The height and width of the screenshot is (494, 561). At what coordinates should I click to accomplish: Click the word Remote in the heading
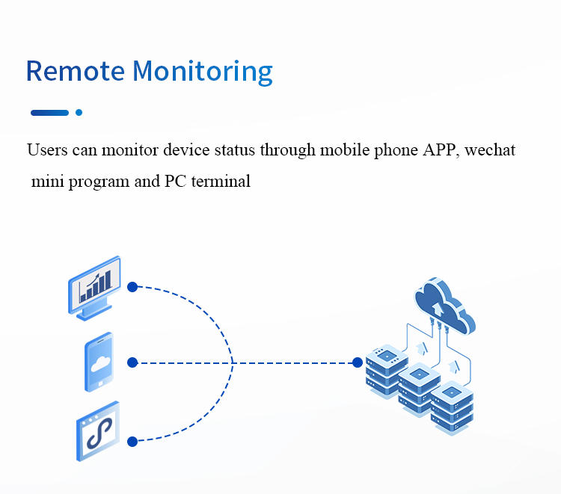tap(76, 71)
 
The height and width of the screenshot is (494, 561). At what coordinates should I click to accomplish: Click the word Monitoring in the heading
tap(203, 72)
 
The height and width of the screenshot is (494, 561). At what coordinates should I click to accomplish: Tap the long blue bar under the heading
tap(49, 113)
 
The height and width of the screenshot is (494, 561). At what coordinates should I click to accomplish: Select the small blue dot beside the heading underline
tap(79, 113)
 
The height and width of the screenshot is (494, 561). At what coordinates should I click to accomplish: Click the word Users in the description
tap(47, 149)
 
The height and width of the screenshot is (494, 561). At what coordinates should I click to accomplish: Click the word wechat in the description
tap(490, 149)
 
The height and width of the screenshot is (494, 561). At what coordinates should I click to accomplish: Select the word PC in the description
tap(175, 181)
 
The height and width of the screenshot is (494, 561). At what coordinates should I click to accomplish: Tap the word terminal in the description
tap(221, 181)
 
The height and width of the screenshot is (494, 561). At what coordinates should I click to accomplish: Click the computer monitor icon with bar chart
tap(94, 288)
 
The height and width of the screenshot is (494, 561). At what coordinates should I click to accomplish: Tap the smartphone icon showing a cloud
tap(99, 362)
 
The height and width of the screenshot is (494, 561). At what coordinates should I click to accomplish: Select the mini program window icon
tap(98, 431)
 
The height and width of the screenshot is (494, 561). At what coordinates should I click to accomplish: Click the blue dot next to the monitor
tap(132, 287)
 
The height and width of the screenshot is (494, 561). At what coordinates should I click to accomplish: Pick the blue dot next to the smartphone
tap(132, 362)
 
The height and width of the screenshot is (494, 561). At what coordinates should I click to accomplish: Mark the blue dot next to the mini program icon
tap(132, 442)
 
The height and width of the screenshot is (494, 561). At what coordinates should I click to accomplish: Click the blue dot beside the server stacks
tap(358, 362)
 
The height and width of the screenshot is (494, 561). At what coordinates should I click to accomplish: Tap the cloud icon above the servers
tap(445, 306)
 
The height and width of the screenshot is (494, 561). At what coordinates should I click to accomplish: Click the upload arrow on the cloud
tap(438, 309)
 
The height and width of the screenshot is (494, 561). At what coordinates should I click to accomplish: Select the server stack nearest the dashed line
tap(387, 371)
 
